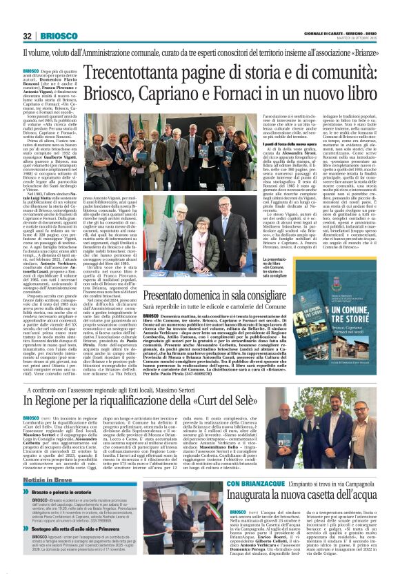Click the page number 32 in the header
click(x=28, y=36)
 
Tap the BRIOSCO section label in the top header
click(x=57, y=36)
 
